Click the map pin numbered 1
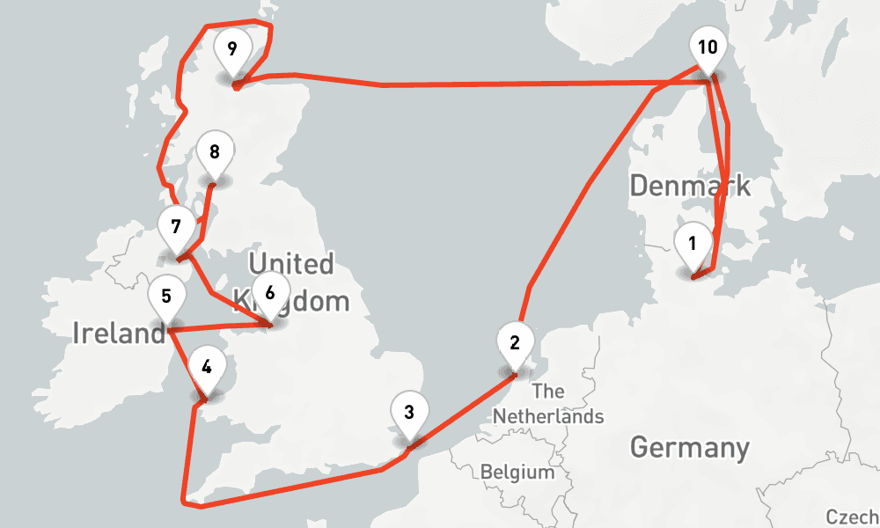[693, 244]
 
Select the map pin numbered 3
[408, 413]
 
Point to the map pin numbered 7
[176, 227]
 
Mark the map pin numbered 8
[214, 152]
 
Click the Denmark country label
[690, 186]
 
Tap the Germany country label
[690, 447]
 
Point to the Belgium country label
[517, 473]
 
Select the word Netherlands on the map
[548, 415]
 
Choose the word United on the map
[290, 263]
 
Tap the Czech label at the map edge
[852, 517]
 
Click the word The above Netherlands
[548, 391]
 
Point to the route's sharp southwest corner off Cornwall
[185, 502]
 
